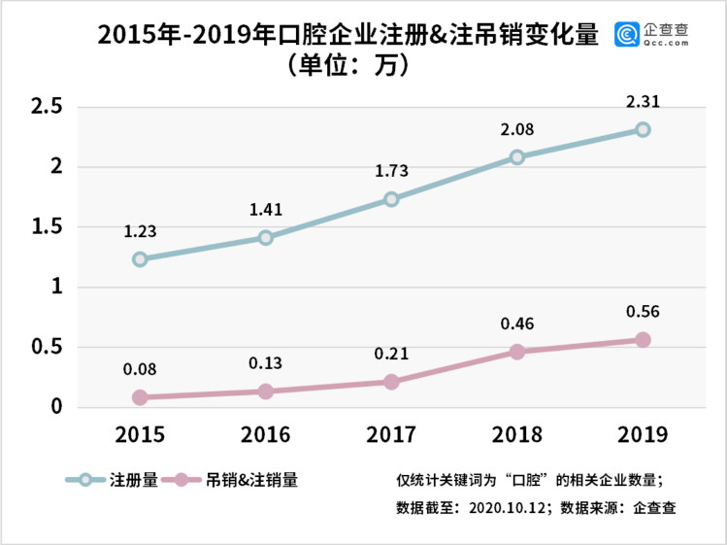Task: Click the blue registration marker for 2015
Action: click(x=140, y=259)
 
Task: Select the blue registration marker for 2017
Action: click(x=391, y=199)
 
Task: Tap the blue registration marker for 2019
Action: click(x=643, y=129)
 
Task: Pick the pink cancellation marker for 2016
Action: click(x=265, y=392)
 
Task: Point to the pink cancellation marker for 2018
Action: click(x=517, y=352)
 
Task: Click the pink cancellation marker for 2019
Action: click(x=643, y=340)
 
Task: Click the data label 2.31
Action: click(x=643, y=101)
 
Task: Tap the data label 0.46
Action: click(x=517, y=324)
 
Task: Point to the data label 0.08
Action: click(x=140, y=369)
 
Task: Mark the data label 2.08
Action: click(x=517, y=128)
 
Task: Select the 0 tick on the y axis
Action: click(x=56, y=407)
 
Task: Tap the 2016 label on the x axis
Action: click(x=265, y=433)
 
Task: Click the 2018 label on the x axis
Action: click(x=517, y=433)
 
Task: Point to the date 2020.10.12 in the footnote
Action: click(x=512, y=506)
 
